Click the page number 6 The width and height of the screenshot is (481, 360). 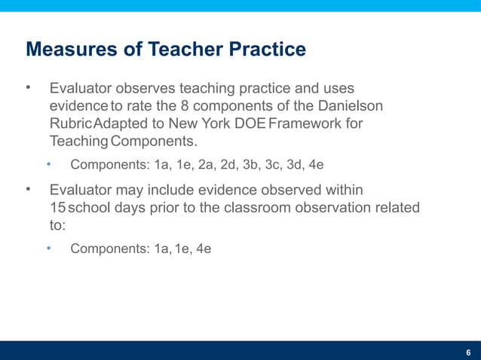468,352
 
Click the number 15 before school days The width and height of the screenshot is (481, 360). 57,207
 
